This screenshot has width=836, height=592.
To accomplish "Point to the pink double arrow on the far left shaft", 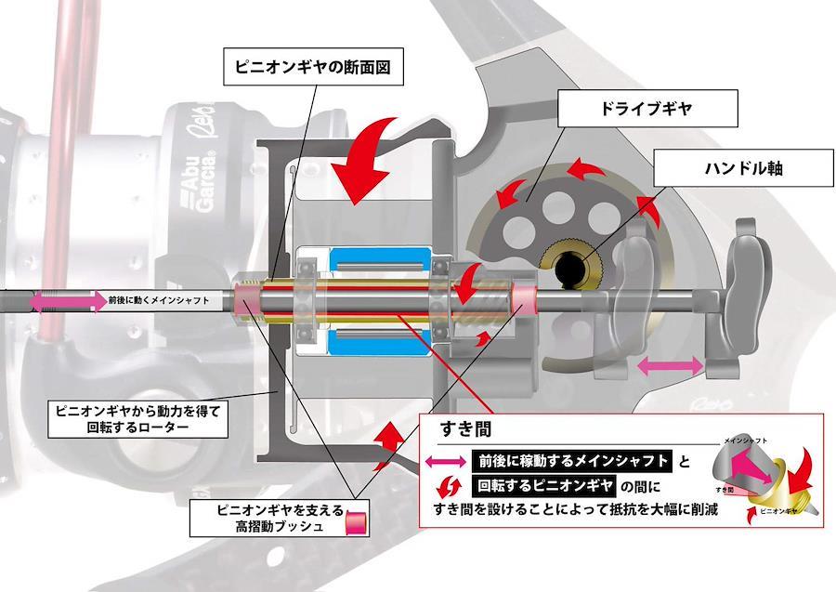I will (66, 301).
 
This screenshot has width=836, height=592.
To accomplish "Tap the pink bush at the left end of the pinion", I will (250, 300).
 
